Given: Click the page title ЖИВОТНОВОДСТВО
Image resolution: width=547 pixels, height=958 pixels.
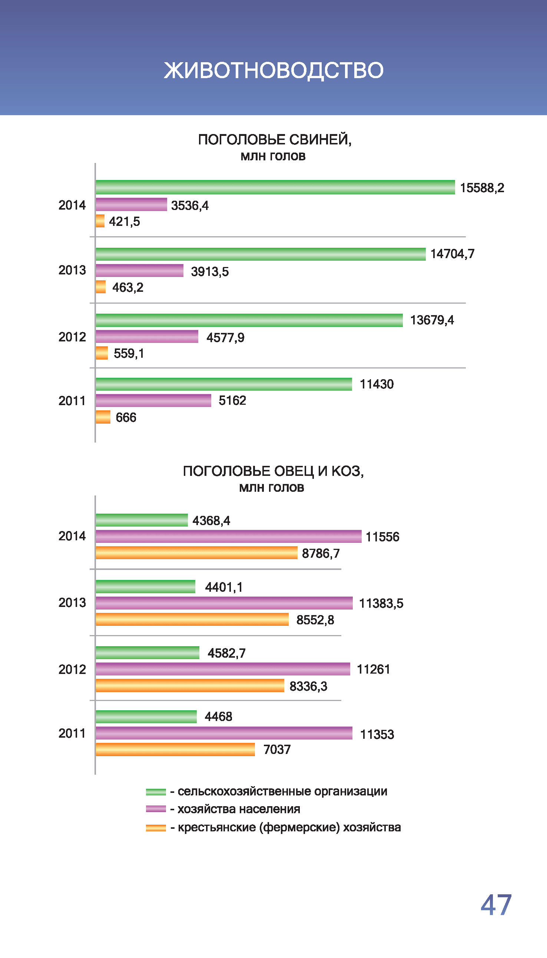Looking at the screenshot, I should (273, 70).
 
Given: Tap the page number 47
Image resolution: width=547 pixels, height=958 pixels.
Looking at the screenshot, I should (496, 905).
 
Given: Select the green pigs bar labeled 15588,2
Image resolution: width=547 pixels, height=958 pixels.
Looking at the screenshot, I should (275, 187).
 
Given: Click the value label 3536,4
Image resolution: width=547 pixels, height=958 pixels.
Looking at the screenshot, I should (190, 206).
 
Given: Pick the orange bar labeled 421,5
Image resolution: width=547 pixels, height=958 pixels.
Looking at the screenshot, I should (100, 221).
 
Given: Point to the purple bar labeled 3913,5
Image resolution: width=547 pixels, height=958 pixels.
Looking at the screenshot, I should (139, 270).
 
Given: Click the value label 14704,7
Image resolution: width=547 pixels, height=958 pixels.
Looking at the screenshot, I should (452, 254).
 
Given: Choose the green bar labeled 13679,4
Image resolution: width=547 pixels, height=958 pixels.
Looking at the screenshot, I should (249, 320).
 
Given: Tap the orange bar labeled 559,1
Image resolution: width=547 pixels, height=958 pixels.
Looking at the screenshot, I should (102, 353).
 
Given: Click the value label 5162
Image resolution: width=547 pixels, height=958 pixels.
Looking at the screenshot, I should (232, 400).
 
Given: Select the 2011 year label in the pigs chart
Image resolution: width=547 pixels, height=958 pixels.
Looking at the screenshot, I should (72, 401).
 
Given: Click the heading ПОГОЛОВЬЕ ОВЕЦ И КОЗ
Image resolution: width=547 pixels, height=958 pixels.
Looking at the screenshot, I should (273, 471).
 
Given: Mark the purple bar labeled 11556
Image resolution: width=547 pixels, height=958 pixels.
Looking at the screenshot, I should (228, 536).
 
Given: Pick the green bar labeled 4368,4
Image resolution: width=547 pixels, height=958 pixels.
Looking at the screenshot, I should (142, 520).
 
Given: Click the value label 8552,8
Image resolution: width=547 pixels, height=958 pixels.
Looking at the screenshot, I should (315, 620).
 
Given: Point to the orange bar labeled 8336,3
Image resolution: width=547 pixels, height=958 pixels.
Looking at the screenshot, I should (190, 685).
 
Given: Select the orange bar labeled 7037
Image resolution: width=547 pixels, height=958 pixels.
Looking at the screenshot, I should (175, 749).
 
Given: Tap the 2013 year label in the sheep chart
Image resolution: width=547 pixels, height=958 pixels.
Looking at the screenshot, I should (72, 602).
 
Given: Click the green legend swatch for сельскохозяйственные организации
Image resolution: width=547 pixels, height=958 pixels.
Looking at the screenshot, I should (156, 792).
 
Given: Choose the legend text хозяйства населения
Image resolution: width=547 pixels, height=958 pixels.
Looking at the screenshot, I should (239, 809).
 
